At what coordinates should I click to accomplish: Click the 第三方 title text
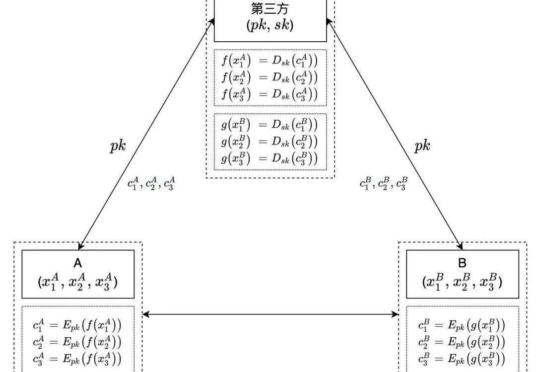[269, 9]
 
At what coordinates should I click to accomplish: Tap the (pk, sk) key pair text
[270, 26]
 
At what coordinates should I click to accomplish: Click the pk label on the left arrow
[118, 147]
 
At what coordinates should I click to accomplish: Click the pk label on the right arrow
[422, 147]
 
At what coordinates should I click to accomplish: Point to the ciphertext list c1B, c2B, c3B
[384, 184]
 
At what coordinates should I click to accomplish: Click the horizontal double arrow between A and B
[270, 314]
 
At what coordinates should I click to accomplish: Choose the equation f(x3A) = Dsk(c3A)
[268, 94]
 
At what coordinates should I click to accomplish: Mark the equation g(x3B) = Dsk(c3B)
[268, 158]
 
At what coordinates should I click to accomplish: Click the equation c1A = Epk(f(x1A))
[77, 326]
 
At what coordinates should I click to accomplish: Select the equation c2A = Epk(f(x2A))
[77, 342]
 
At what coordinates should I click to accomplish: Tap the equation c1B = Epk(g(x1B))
[462, 326]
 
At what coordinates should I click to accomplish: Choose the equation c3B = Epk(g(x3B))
[462, 359]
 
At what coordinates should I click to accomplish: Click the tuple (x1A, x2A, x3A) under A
[78, 282]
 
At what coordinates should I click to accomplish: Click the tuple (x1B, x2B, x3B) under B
[463, 282]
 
